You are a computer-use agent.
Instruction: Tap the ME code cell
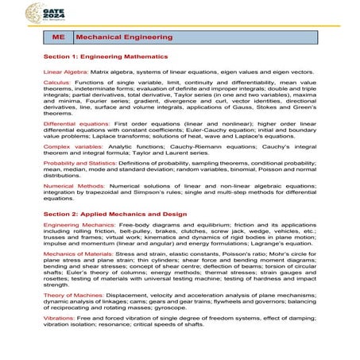tap(57, 37)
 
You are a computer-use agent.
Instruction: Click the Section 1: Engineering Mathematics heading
tap(105, 57)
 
